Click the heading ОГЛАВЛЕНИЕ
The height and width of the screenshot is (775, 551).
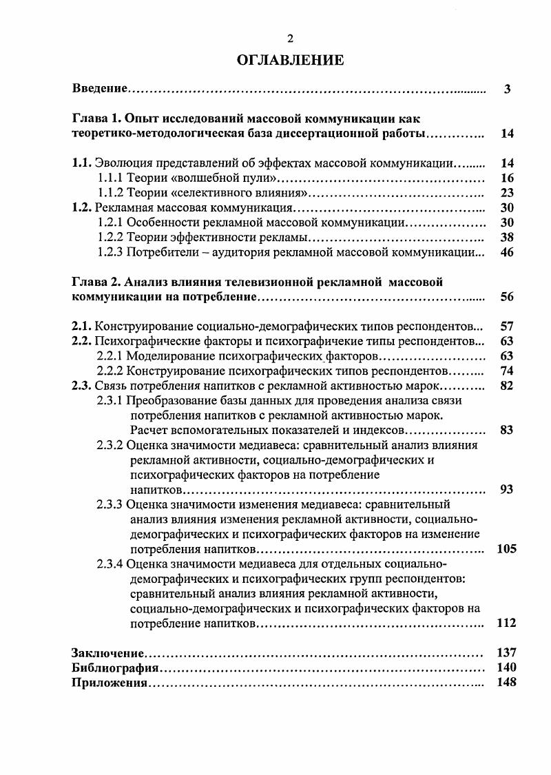click(x=290, y=60)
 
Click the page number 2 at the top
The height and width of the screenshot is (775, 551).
click(x=290, y=39)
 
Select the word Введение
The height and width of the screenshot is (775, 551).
click(x=100, y=89)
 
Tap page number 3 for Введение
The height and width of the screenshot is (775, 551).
click(x=507, y=89)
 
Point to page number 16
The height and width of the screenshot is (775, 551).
click(x=508, y=178)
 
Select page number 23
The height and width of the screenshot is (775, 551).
click(x=508, y=193)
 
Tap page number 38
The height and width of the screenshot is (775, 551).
click(x=508, y=238)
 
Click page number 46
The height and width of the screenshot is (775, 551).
click(x=508, y=252)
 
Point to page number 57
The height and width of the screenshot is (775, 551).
click(x=508, y=326)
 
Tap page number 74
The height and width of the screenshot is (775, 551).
click(x=508, y=371)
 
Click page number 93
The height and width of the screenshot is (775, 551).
click(x=508, y=490)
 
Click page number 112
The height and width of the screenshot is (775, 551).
click(x=506, y=623)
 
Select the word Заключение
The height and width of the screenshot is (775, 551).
click(x=107, y=653)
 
